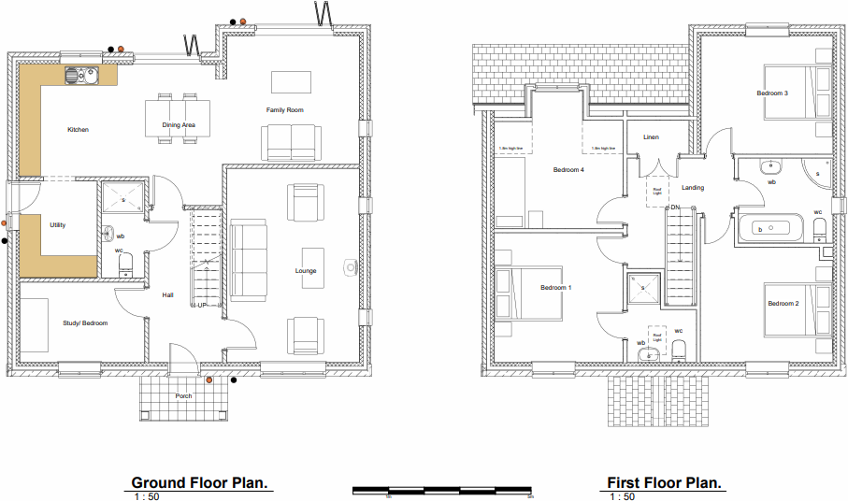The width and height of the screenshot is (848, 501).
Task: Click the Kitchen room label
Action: (x=78, y=130)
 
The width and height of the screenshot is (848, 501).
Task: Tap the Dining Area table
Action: (x=179, y=119)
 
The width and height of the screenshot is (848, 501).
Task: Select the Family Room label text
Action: (x=284, y=110)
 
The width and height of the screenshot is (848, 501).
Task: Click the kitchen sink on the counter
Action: (x=78, y=75)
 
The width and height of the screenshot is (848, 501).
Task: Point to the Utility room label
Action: (x=58, y=225)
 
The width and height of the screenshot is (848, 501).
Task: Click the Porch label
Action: (x=183, y=396)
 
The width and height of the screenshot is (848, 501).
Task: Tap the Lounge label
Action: (x=306, y=271)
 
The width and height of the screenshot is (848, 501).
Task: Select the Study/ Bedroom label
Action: (x=85, y=323)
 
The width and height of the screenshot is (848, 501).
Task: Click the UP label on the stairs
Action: (x=202, y=305)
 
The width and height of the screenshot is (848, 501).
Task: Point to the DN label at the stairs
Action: (x=673, y=207)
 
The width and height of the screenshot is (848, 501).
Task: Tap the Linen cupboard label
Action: (x=651, y=137)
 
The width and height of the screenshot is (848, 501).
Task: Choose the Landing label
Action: (x=693, y=188)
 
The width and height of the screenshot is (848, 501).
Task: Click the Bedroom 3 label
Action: (x=772, y=93)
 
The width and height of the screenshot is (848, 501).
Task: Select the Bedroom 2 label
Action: (x=783, y=304)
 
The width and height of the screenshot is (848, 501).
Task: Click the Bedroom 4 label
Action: (x=568, y=170)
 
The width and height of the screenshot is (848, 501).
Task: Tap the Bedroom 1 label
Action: (x=555, y=288)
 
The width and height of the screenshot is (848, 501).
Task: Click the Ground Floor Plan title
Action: (x=200, y=482)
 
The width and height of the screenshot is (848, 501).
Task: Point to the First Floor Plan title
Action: (x=665, y=482)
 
